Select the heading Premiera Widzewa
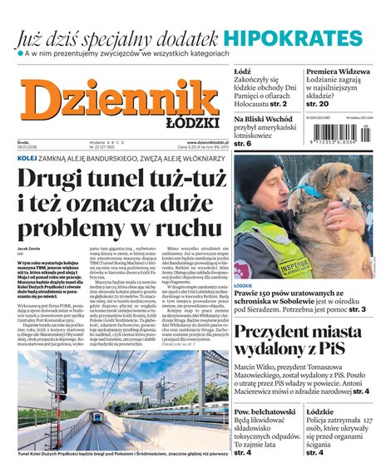(x=333, y=72)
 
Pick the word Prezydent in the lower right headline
(x=280, y=336)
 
